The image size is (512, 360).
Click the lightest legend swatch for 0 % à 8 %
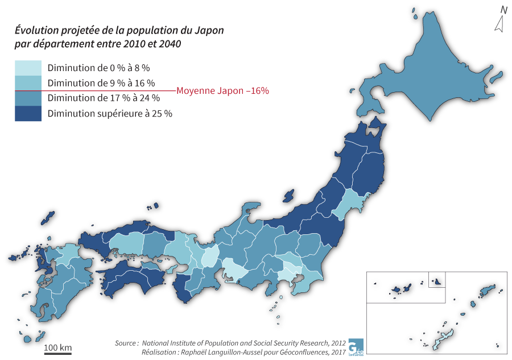click(28, 68)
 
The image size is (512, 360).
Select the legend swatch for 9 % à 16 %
click(28, 83)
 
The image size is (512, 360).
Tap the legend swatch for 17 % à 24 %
click(28, 98)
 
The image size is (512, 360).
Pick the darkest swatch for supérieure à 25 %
click(28, 113)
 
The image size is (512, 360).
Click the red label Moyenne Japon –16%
click(222, 90)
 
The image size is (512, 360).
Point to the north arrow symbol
click(499, 24)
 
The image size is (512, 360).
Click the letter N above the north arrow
click(503, 9)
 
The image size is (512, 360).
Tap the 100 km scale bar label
click(58, 347)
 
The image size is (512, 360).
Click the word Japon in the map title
click(208, 30)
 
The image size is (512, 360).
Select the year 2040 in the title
click(170, 44)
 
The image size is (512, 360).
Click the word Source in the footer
click(126, 343)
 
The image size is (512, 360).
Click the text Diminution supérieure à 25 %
click(110, 113)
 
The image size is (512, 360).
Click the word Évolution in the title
click(35, 30)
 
